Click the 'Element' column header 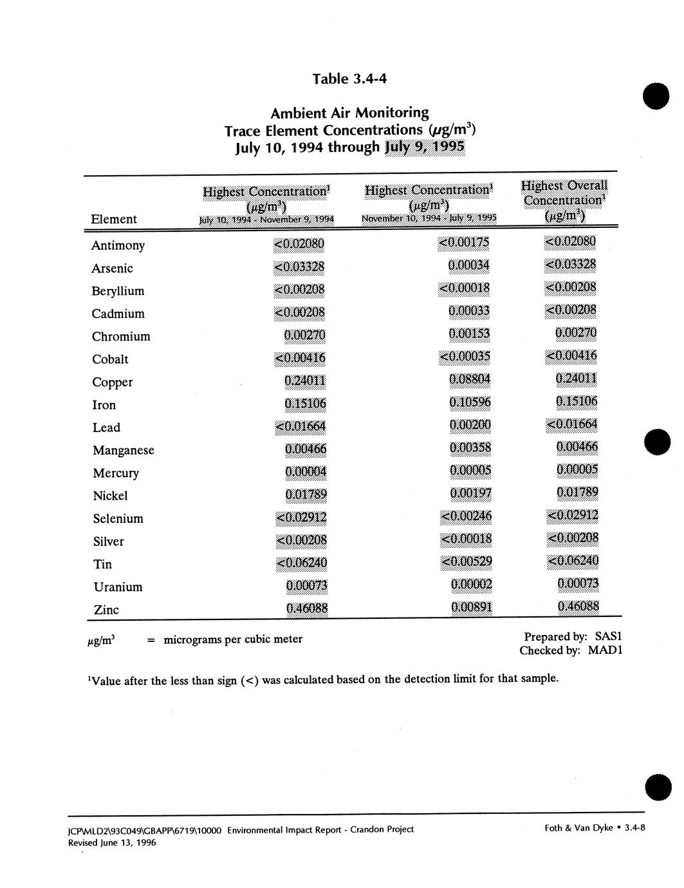tap(114, 219)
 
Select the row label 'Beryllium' tap(118, 291)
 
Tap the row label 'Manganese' tap(124, 450)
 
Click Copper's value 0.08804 tap(470, 379)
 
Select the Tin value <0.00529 tap(467, 562)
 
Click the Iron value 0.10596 tap(470, 402)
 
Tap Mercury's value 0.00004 tap(306, 472)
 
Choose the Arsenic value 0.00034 tap(468, 265)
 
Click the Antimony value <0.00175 tap(464, 243)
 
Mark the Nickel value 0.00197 tap(470, 493)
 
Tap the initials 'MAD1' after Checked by tap(605, 650)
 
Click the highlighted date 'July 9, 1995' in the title tap(424, 147)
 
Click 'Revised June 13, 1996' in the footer tap(112, 842)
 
